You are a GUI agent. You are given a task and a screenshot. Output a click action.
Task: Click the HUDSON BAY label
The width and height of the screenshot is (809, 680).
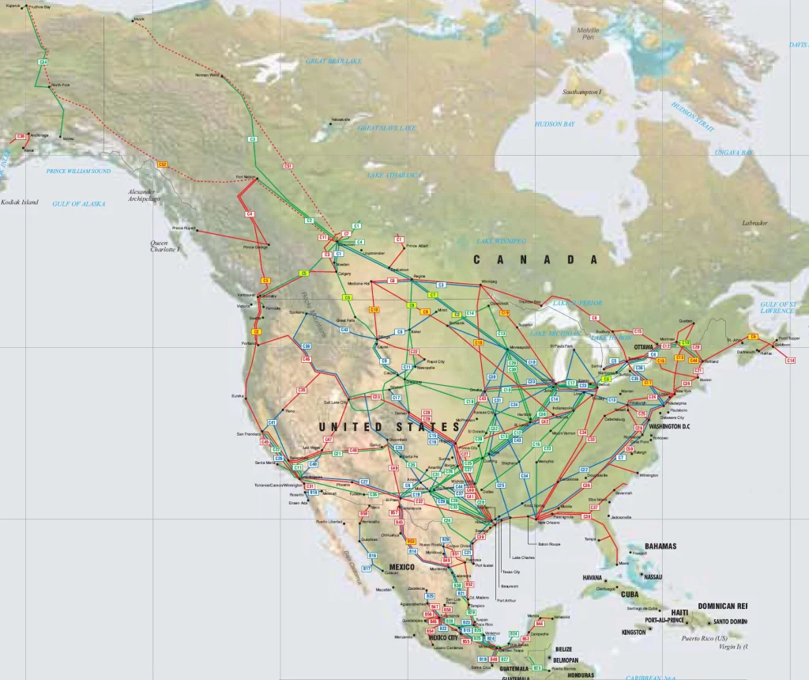click(x=554, y=124)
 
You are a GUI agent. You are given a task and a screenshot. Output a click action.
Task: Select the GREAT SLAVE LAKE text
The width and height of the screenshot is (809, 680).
click(x=386, y=127)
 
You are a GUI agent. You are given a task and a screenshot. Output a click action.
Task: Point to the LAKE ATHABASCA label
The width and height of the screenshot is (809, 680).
click(x=393, y=176)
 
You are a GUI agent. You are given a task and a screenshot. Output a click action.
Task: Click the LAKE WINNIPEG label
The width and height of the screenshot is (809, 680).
click(x=501, y=240)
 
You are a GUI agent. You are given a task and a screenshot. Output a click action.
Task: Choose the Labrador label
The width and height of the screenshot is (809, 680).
click(x=754, y=223)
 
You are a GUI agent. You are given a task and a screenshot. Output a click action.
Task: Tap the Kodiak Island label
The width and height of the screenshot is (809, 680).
click(x=20, y=202)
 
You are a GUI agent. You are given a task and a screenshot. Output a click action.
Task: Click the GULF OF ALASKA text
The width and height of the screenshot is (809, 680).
click(x=79, y=204)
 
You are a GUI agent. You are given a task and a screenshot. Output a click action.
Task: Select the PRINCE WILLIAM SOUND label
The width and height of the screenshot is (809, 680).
click(x=79, y=171)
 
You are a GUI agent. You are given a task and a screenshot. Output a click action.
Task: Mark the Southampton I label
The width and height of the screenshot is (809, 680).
click(x=582, y=93)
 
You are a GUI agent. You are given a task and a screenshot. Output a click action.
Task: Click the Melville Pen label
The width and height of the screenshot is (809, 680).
click(x=588, y=32)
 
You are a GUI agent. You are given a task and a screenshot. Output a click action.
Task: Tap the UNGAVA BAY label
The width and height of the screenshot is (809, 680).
click(x=734, y=152)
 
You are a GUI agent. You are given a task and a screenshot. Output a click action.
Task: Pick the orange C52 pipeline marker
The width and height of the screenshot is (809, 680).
click(x=163, y=164)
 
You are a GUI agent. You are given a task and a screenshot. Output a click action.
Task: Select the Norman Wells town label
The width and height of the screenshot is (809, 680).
click(x=208, y=75)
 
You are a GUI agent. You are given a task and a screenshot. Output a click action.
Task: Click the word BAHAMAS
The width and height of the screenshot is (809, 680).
click(x=660, y=546)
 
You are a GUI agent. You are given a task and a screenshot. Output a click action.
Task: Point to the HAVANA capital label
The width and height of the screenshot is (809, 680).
click(x=593, y=578)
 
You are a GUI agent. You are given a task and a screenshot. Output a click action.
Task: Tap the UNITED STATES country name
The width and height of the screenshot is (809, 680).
click(x=389, y=427)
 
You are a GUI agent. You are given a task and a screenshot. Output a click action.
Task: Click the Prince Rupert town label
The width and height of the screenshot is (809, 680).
click(x=183, y=228)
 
